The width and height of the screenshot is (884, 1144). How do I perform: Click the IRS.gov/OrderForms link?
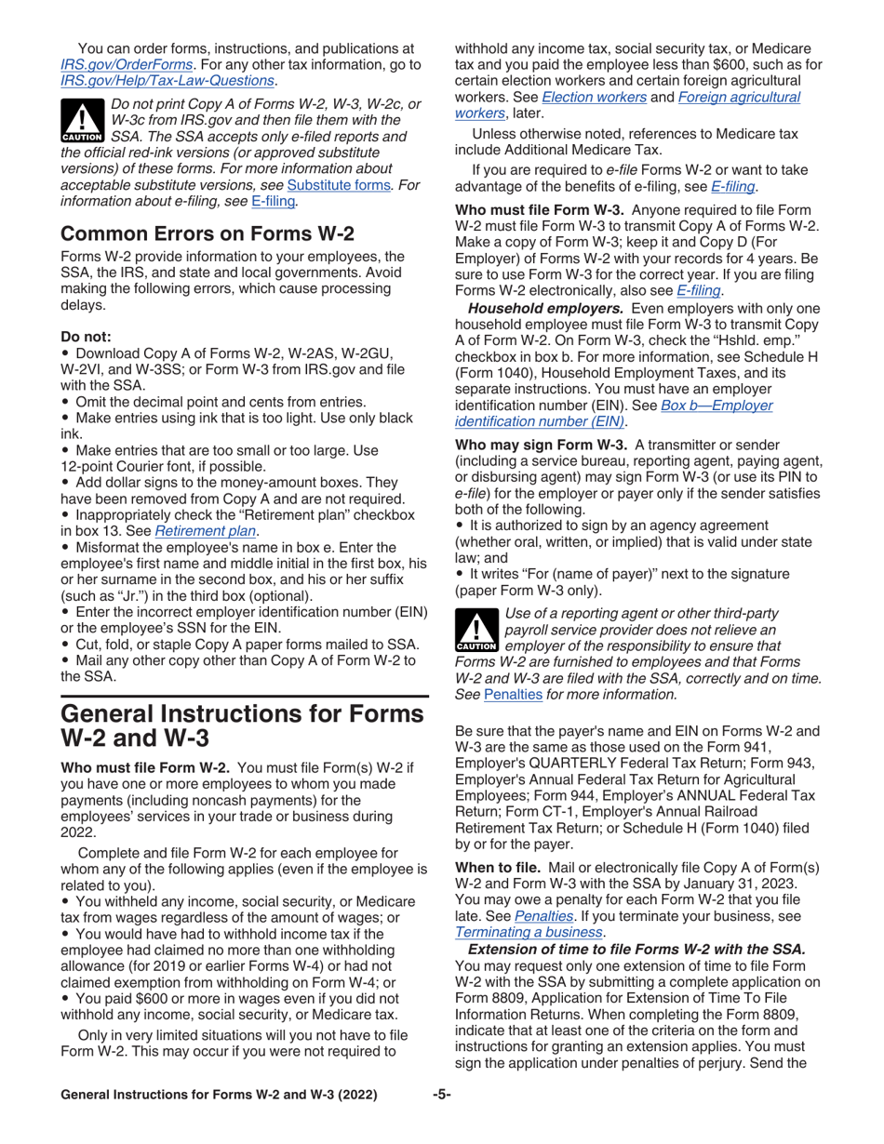point(126,66)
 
